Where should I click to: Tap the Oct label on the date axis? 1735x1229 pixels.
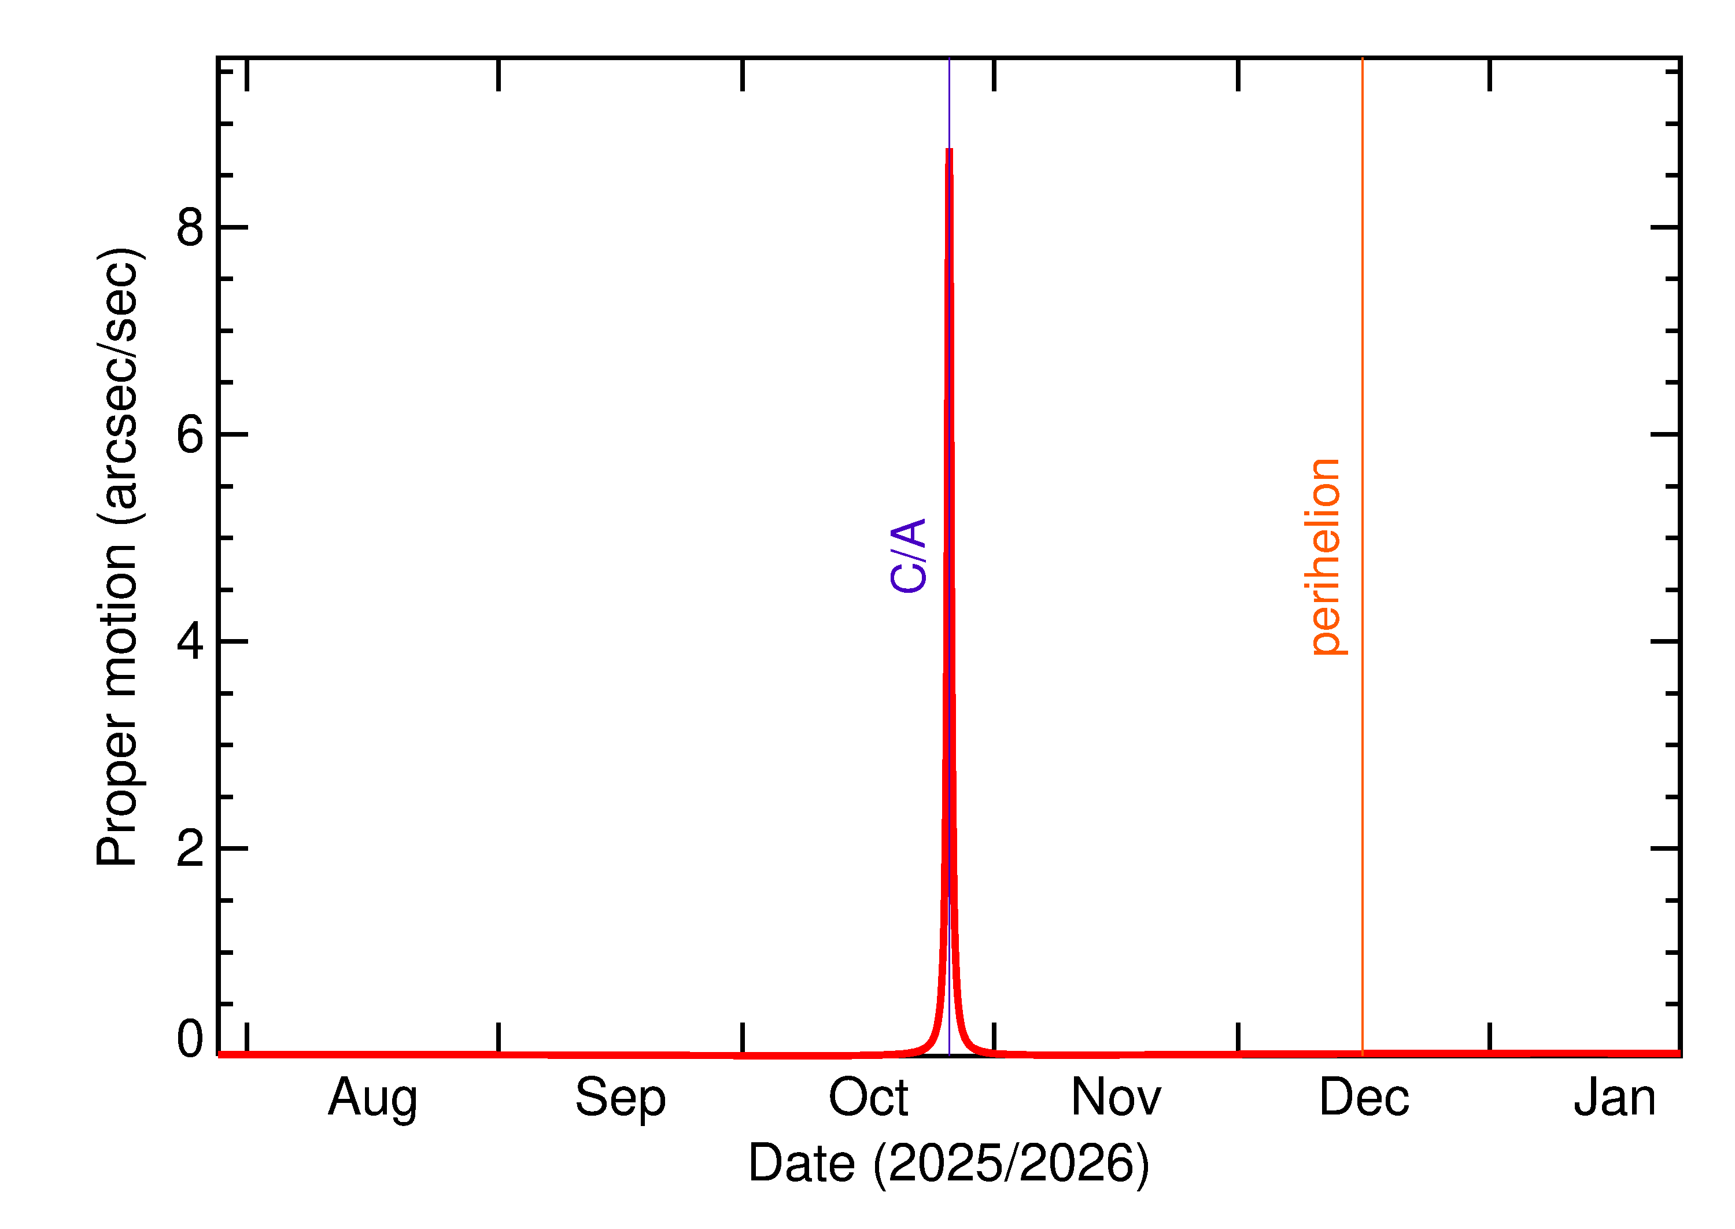pos(868,1097)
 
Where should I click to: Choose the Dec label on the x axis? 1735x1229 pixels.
pos(1364,1097)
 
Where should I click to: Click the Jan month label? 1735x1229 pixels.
pos(1614,1097)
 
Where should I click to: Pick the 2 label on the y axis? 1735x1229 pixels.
pos(190,848)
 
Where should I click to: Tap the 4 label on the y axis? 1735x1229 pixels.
pos(190,641)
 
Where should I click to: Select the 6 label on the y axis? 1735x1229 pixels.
pos(190,434)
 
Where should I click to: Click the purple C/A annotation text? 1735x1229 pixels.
pos(908,555)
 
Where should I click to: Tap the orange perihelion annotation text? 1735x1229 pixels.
pos(1323,556)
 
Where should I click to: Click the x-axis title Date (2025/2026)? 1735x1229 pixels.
pos(948,1163)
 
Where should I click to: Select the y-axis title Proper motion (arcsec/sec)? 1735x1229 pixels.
pos(117,556)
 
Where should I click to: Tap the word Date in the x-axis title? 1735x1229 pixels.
pos(802,1163)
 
